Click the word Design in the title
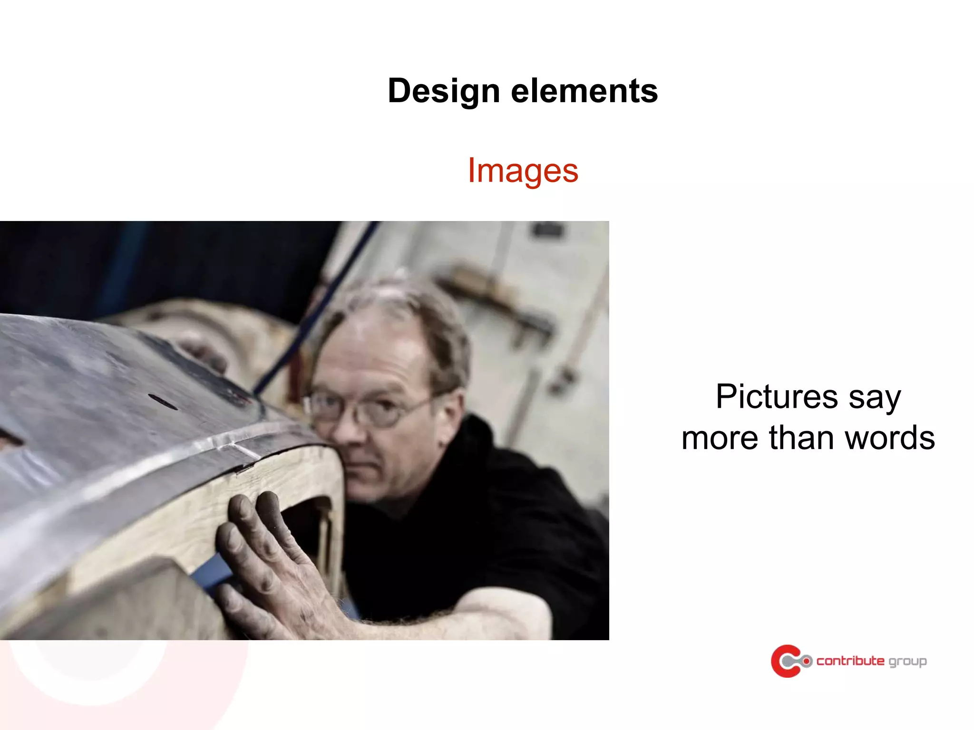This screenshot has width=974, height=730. [443, 91]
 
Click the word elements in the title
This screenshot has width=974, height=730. [584, 91]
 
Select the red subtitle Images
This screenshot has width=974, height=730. [523, 170]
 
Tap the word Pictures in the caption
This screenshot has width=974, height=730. [777, 396]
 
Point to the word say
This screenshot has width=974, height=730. [875, 397]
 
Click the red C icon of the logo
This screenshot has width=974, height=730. [784, 661]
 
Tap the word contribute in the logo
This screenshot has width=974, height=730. [850, 661]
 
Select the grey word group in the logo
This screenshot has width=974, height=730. [907, 662]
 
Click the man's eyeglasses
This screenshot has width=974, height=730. [366, 406]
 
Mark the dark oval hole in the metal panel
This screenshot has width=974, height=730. [163, 402]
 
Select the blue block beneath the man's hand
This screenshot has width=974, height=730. [214, 573]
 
